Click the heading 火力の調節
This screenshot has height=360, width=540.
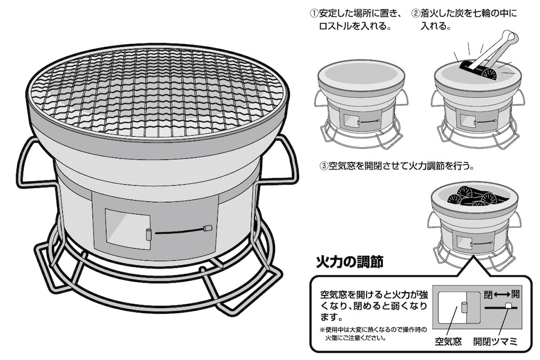(349, 261)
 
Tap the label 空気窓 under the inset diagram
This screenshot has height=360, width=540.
(448, 341)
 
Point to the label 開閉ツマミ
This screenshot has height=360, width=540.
(495, 341)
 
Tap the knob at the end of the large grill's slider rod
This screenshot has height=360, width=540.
(208, 228)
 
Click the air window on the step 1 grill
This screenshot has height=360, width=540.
(348, 120)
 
